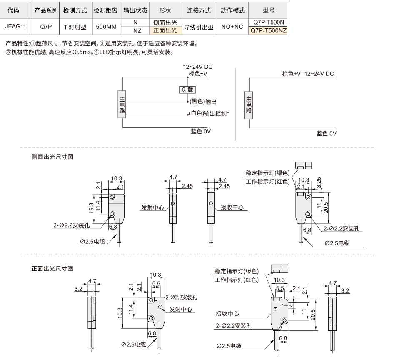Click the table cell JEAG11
coord(15,27)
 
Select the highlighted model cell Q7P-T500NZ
coord(268,31)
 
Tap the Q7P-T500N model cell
coord(268,22)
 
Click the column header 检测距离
coord(105,10)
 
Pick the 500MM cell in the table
coord(106,27)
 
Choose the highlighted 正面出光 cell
coord(165,30)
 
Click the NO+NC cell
coord(232,27)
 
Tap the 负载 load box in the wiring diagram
coord(187,90)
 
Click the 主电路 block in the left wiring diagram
coord(122,105)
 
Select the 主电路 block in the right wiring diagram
coord(249,105)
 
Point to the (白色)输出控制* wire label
coord(209,113)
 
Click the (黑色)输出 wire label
coord(203,102)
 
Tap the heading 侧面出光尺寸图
coord(52,157)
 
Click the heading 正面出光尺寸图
coord(52,269)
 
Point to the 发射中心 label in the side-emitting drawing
coord(153,207)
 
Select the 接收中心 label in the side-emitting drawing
coord(232,207)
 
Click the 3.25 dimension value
coord(319,182)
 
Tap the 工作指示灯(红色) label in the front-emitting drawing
coord(237,280)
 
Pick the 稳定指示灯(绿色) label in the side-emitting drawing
coord(268,173)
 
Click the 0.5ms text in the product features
coord(83,52)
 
